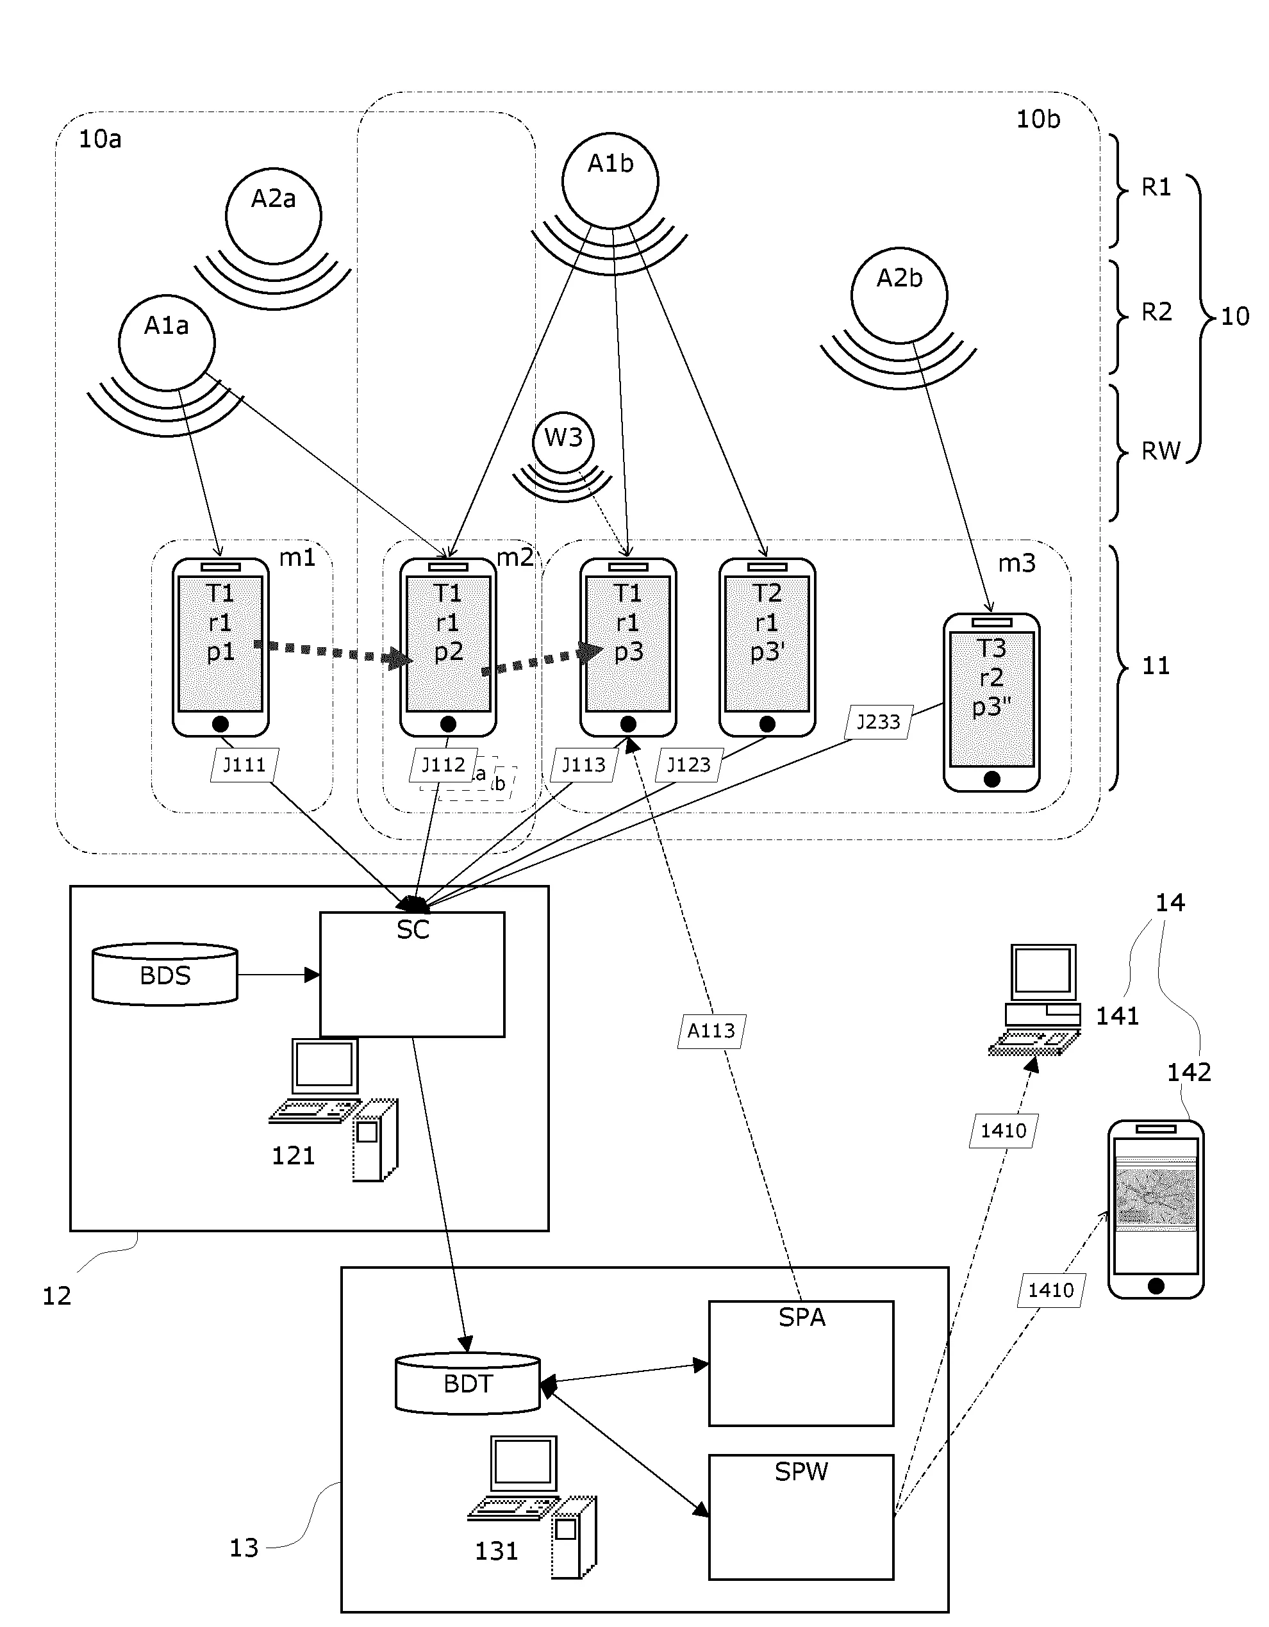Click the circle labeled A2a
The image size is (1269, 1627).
[274, 215]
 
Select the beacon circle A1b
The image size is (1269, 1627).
[610, 181]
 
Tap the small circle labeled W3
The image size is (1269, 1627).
[563, 442]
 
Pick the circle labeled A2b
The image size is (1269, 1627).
[899, 295]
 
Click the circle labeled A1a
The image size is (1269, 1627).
[167, 343]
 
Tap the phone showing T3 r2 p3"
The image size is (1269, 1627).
[991, 702]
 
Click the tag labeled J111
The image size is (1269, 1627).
[244, 764]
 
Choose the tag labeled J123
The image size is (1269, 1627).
[688, 764]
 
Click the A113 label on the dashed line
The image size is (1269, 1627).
[711, 1031]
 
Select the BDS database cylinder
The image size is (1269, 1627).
[165, 975]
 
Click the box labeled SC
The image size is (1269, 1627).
[412, 975]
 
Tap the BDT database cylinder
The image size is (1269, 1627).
[467, 1383]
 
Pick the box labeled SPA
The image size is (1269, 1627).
[801, 1363]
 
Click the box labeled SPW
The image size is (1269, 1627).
[801, 1517]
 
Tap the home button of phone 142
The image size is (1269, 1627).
[1156, 1285]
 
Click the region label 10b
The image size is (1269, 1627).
[1038, 119]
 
